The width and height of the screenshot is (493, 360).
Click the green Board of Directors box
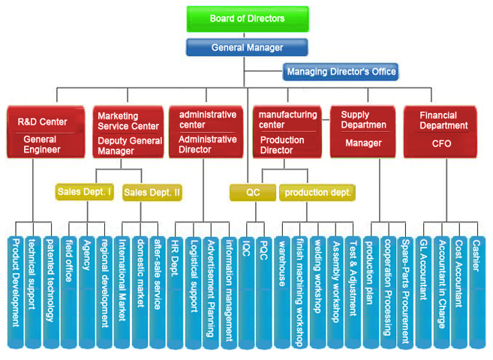coord(247,19)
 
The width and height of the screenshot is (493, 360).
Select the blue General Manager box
coord(247,48)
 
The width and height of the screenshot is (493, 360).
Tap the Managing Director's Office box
coord(340,72)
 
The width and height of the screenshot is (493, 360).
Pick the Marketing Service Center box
coord(128,131)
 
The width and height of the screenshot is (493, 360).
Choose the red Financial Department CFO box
coord(440,131)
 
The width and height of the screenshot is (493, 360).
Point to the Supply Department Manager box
coord(363,131)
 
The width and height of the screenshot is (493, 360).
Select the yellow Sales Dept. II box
coord(152,193)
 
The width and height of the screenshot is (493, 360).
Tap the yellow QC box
coord(253,193)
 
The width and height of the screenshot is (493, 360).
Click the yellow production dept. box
coord(317,193)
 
